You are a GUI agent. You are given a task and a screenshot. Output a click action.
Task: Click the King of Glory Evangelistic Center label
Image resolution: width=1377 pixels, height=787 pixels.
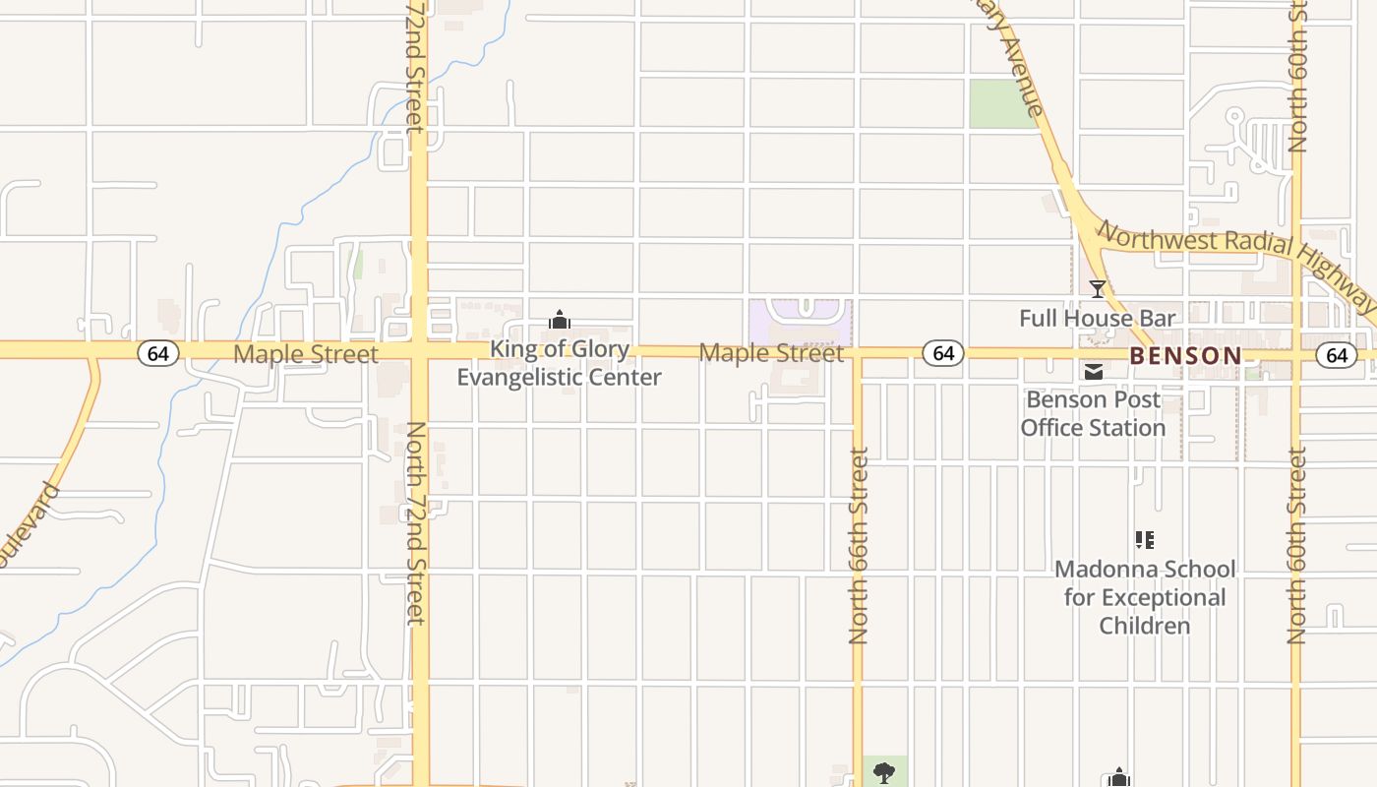click(x=559, y=363)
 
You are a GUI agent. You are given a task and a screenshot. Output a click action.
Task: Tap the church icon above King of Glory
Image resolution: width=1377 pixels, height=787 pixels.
click(x=560, y=320)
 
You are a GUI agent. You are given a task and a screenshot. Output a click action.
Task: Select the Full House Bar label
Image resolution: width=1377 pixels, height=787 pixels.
click(x=1097, y=318)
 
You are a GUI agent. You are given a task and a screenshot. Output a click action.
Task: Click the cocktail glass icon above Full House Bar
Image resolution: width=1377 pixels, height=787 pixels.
click(x=1098, y=289)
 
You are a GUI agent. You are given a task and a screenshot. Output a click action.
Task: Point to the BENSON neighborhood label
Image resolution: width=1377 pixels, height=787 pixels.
click(x=1185, y=356)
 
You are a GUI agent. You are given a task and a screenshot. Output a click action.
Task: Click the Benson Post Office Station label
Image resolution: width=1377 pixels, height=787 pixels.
click(x=1093, y=414)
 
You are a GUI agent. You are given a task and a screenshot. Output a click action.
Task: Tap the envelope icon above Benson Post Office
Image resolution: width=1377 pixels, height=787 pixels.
click(x=1093, y=372)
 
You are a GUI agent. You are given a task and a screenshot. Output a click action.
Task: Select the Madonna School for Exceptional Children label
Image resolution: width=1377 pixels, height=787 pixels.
click(x=1145, y=597)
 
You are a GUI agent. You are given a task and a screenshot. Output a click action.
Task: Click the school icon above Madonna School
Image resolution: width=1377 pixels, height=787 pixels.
click(x=1144, y=539)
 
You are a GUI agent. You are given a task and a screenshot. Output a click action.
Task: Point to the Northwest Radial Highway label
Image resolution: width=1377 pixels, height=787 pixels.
click(x=1235, y=260)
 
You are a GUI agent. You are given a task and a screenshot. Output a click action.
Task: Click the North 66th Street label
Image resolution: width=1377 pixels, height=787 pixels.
click(x=859, y=546)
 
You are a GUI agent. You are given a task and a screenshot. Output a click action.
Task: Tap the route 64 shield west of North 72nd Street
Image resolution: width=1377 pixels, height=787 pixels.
click(x=157, y=353)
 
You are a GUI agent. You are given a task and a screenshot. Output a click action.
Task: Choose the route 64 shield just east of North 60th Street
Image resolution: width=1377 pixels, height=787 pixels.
click(x=1336, y=355)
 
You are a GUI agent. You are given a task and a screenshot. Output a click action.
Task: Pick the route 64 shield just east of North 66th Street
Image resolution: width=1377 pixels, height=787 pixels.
click(x=943, y=353)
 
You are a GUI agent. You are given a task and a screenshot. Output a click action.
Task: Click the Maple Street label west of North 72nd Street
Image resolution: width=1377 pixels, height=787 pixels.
click(x=305, y=354)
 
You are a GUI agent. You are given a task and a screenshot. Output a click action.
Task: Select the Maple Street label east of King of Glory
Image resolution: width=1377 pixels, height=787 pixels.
click(x=771, y=353)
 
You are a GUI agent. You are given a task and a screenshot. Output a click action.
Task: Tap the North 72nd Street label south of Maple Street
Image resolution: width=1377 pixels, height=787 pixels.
click(x=416, y=522)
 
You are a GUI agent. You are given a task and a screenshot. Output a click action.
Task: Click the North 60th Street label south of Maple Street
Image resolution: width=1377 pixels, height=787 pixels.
click(x=1296, y=546)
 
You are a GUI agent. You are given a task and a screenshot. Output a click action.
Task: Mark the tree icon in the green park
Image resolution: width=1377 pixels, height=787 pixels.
click(x=884, y=772)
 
